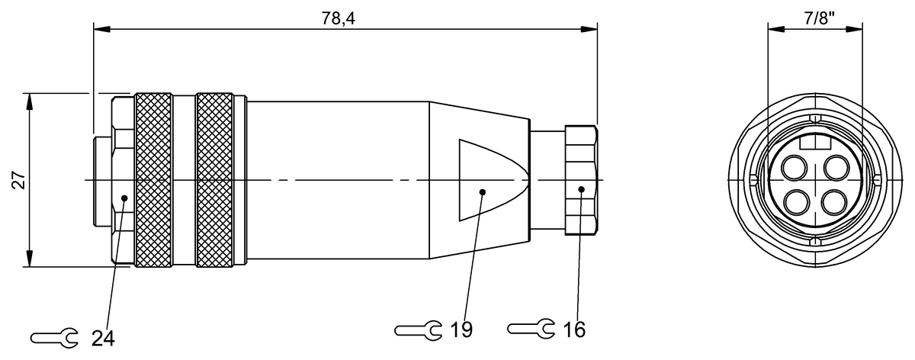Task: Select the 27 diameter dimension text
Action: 19,180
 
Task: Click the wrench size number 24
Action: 102,337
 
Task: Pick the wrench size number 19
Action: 461,329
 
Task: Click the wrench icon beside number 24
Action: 53,337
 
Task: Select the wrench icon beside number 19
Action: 418,329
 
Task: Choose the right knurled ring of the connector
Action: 214,180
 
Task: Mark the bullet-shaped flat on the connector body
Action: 488,181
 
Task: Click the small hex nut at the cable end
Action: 581,181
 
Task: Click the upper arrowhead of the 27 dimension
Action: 29,100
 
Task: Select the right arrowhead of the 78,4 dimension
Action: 591,31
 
